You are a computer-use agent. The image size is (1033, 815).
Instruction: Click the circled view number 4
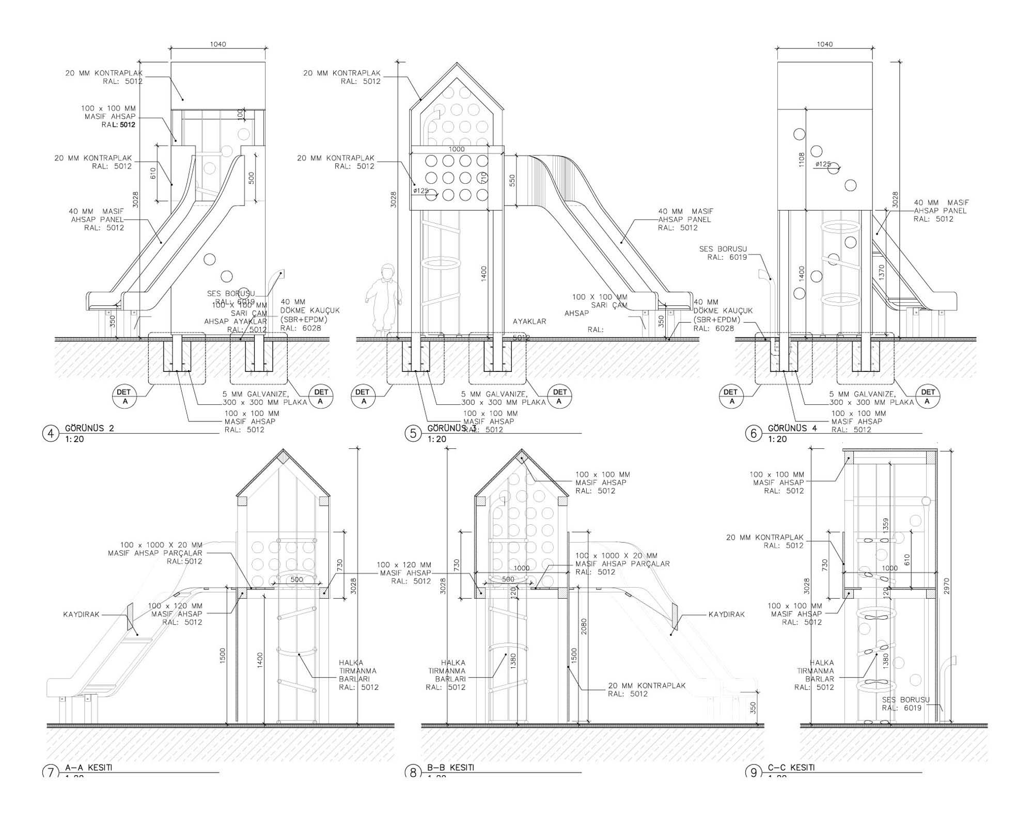pyautogui.click(x=51, y=434)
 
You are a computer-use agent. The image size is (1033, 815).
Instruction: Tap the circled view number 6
pyautogui.click(x=753, y=434)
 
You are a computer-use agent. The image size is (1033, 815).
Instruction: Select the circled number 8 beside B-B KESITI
pyautogui.click(x=413, y=773)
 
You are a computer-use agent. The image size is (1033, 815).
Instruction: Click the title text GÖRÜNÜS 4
pyautogui.click(x=792, y=428)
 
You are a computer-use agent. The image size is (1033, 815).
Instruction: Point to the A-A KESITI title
pyautogui.click(x=88, y=767)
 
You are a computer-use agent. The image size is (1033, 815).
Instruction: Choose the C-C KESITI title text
pyautogui.click(x=791, y=767)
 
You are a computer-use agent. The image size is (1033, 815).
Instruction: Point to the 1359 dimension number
pyautogui.click(x=886, y=526)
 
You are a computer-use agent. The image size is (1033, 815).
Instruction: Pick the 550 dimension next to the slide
pyautogui.click(x=512, y=181)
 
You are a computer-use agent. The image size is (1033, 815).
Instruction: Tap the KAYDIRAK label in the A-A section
pyautogui.click(x=81, y=615)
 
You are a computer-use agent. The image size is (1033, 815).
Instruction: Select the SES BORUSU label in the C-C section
pyautogui.click(x=905, y=703)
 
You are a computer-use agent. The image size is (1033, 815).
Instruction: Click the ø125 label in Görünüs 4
pyautogui.click(x=823, y=164)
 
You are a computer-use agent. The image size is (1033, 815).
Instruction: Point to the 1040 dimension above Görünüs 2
pyautogui.click(x=218, y=44)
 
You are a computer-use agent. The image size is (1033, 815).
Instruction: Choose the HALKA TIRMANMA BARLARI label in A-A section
pyautogui.click(x=358, y=675)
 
